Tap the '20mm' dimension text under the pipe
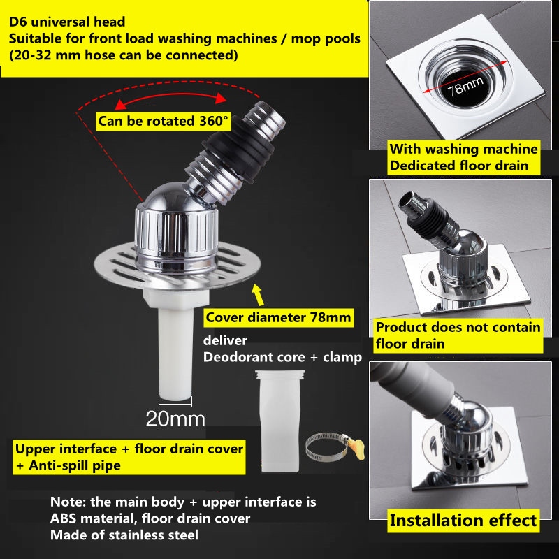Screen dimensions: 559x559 pos(175,419)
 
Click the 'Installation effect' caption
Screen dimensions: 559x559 pos(463,521)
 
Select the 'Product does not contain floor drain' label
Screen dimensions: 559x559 pos(458,335)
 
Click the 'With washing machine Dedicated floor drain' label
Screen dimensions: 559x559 pos(463,157)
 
